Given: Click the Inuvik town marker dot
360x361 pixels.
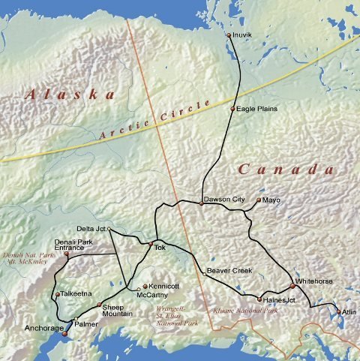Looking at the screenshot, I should click(229, 35).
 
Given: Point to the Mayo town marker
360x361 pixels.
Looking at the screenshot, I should click(258, 200).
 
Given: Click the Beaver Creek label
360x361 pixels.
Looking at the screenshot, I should click(229, 270).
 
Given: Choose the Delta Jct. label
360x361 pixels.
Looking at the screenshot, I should click(91, 228).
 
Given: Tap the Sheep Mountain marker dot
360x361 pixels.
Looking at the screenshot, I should click(99, 305).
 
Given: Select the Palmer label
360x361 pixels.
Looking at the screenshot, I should click(86, 323).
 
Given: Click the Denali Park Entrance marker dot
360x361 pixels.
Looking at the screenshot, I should click(67, 254).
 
